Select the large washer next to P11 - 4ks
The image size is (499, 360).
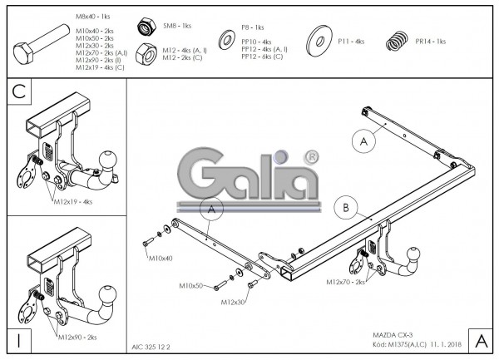click(x=320, y=42)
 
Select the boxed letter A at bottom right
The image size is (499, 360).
click(x=480, y=339)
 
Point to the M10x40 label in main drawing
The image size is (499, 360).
click(x=161, y=259)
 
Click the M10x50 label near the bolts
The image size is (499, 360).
click(x=191, y=285)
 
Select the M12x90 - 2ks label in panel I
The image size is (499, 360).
click(x=77, y=337)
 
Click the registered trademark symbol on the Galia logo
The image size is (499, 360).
click(x=310, y=155)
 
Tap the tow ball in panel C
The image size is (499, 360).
click(x=109, y=160)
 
